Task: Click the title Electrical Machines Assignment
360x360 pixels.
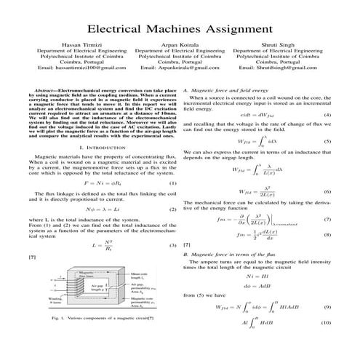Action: (180, 29)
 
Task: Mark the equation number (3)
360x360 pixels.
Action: (173, 246)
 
